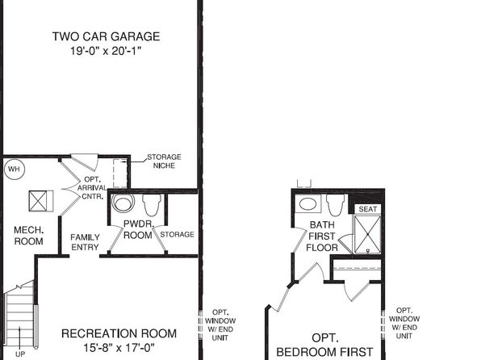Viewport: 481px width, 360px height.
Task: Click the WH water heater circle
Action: click(x=15, y=170)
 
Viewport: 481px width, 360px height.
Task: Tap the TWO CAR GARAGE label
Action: click(x=107, y=36)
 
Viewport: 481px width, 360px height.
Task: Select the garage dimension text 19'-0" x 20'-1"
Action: click(x=106, y=51)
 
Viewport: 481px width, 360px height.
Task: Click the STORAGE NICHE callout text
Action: click(x=164, y=161)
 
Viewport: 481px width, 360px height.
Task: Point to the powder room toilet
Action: click(x=152, y=204)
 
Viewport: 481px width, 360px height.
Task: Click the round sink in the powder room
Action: click(x=123, y=203)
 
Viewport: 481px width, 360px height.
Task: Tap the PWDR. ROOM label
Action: click(x=138, y=230)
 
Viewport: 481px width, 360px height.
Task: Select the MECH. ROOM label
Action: click(x=28, y=236)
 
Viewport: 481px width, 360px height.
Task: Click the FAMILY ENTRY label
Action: click(x=85, y=242)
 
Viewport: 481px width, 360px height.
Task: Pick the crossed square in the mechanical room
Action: click(x=38, y=201)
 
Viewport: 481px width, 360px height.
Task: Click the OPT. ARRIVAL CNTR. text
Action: click(x=92, y=188)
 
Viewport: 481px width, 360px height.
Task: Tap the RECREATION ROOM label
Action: click(x=119, y=333)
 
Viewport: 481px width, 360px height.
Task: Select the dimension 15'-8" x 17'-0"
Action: click(x=119, y=348)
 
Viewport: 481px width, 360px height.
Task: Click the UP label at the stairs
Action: click(x=20, y=354)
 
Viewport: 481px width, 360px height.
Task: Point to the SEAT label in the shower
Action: click(x=368, y=209)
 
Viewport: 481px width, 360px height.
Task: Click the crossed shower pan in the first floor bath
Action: click(x=367, y=234)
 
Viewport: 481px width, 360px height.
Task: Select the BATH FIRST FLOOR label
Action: click(x=322, y=237)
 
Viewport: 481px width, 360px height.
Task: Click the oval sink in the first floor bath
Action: click(x=308, y=203)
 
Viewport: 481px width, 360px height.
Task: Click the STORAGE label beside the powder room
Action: click(x=177, y=234)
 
